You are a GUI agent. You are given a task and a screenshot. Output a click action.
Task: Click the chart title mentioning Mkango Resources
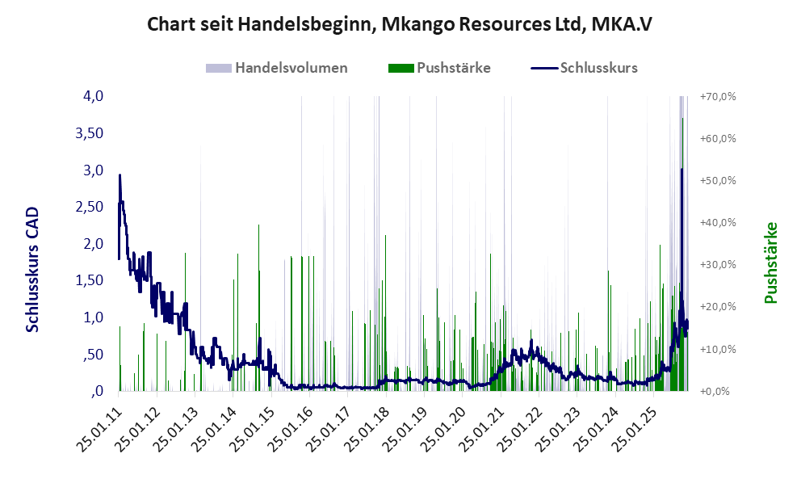[400, 24]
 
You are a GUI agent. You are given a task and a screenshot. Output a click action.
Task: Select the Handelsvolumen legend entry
[291, 68]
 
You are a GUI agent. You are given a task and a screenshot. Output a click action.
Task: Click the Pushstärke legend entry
[453, 68]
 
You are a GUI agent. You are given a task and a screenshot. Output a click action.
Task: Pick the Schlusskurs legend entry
[598, 68]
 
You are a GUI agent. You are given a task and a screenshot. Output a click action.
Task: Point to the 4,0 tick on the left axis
[93, 96]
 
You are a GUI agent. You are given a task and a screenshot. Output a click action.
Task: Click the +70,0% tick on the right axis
[718, 96]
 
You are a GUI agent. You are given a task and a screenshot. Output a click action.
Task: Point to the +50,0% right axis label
[718, 180]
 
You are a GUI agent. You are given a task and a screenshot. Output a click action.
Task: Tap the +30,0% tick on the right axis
[718, 265]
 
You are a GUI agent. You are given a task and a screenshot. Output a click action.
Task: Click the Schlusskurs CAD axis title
[33, 269]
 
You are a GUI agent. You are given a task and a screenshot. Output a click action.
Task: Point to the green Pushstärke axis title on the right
[770, 263]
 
